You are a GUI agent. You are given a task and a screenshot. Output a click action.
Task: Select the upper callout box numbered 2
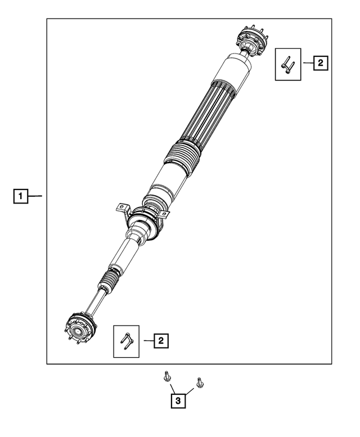point(319,64)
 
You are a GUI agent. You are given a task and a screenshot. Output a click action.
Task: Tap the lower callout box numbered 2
point(160,340)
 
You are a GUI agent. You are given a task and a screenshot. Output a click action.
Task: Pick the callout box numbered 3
point(178,401)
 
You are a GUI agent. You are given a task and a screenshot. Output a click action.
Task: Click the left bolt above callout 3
point(167,376)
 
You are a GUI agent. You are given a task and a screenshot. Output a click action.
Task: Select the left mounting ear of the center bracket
point(120,207)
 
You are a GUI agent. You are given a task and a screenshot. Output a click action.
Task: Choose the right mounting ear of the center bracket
point(163,214)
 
